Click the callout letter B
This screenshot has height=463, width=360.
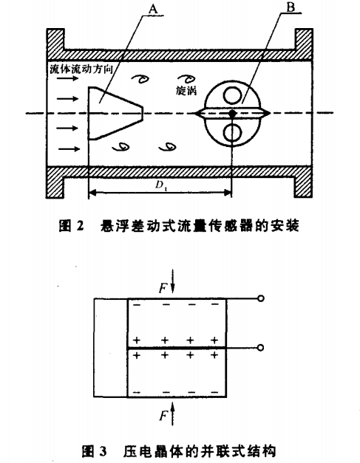click(x=291, y=7)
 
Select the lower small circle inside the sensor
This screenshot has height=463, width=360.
click(x=233, y=133)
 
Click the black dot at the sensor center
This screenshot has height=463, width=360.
click(x=233, y=113)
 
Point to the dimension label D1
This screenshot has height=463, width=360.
click(x=160, y=185)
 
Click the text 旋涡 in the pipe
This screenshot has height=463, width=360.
click(x=186, y=91)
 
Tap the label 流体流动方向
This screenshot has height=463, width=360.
click(x=81, y=69)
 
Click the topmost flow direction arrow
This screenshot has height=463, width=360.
click(x=68, y=78)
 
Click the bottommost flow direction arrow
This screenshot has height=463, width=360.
click(x=69, y=149)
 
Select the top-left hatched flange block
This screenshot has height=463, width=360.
click(x=55, y=44)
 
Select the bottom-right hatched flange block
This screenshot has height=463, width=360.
click(x=303, y=182)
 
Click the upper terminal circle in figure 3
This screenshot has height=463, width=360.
click(x=260, y=298)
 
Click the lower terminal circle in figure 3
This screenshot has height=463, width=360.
click(x=260, y=348)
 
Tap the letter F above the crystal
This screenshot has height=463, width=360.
click(x=163, y=287)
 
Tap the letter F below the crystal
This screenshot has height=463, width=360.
click(x=163, y=416)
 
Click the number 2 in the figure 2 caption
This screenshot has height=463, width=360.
click(x=80, y=227)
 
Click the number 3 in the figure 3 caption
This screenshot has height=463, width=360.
click(x=103, y=451)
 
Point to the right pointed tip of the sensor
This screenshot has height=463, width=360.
click(x=270, y=113)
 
